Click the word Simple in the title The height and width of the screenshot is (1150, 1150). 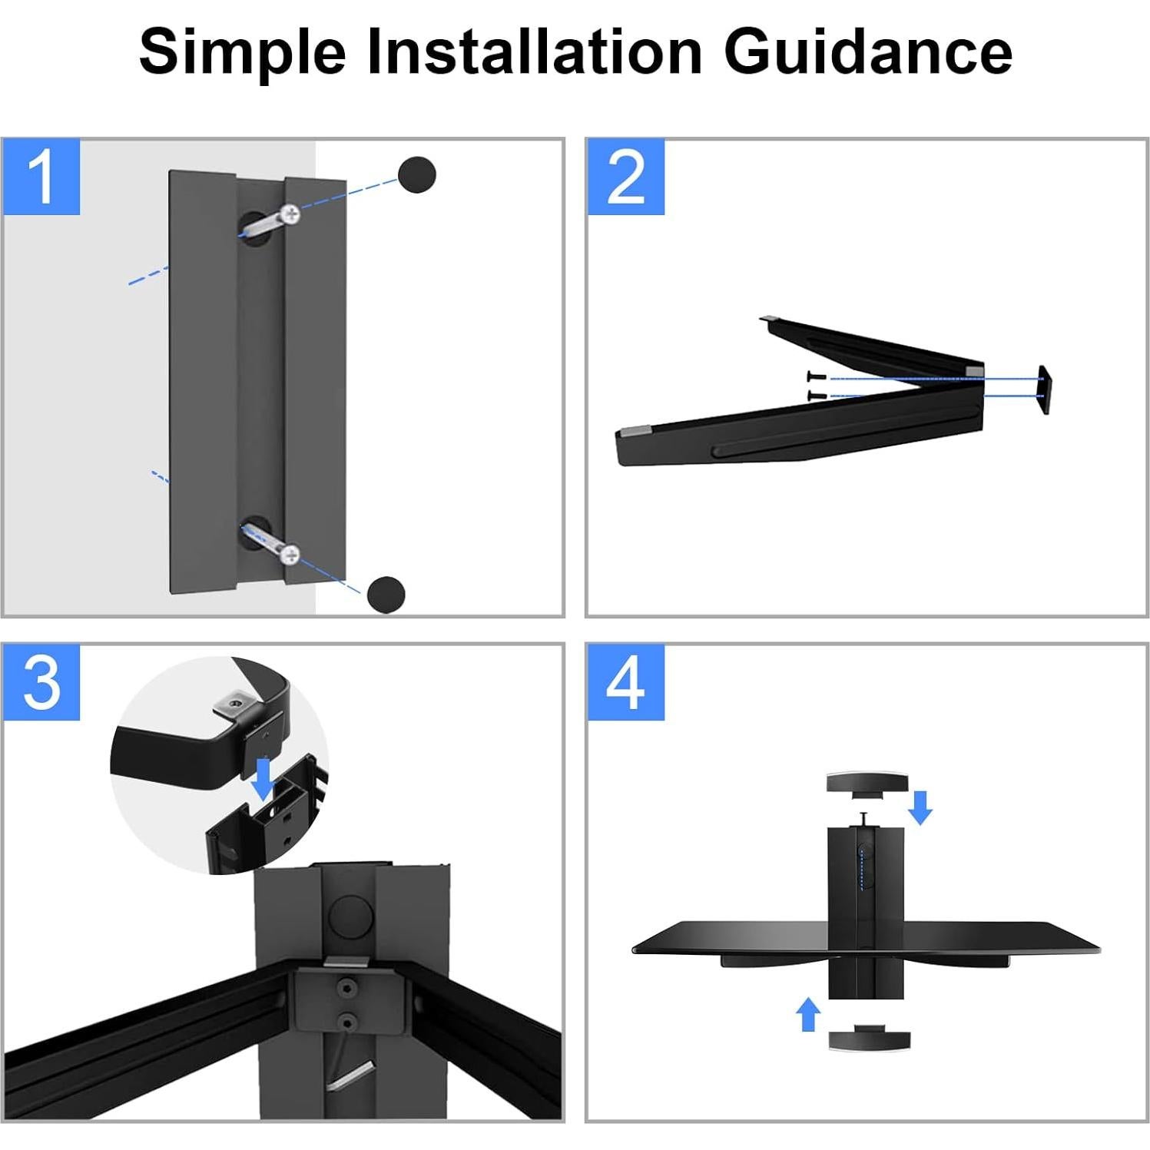coord(242,52)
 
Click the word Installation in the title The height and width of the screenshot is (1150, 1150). coord(535,51)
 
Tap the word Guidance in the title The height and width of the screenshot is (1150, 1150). coord(868,51)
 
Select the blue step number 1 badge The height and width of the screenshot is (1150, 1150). coord(41,177)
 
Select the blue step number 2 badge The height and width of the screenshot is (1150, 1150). coord(626,177)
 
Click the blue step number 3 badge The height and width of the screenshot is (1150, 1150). coord(41,682)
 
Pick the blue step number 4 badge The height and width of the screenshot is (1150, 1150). coord(626,682)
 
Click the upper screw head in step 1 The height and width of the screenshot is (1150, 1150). coord(290,214)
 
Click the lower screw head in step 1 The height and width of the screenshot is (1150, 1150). coord(290,553)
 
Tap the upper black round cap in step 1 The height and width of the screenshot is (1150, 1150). coord(417,175)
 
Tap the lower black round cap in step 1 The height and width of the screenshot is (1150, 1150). coord(386,594)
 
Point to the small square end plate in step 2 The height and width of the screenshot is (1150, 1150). coord(1044,390)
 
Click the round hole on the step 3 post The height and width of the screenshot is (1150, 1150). coord(350,914)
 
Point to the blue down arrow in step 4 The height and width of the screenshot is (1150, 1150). coord(920,807)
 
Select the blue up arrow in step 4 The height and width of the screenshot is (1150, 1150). coord(807,1014)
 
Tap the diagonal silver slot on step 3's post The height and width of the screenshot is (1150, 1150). coord(350,1076)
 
